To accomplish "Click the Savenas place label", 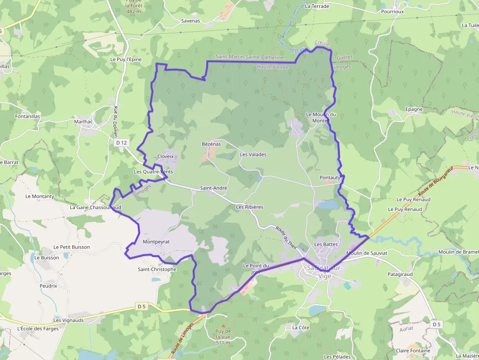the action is pyautogui.click(x=191, y=21).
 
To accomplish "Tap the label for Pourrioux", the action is pyautogui.click(x=392, y=10).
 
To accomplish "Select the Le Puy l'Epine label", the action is pyautogui.click(x=126, y=59).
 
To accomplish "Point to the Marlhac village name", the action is pyautogui.click(x=83, y=121).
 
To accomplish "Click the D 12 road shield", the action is pyautogui.click(x=122, y=143).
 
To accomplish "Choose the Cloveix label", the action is pyautogui.click(x=166, y=156).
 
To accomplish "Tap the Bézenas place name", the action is pyautogui.click(x=211, y=144).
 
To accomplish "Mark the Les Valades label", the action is pyautogui.click(x=253, y=154).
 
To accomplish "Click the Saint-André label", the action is pyautogui.click(x=214, y=188).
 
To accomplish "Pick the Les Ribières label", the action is pyautogui.click(x=249, y=207).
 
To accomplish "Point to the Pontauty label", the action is pyautogui.click(x=330, y=177).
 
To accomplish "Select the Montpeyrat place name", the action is pyautogui.click(x=156, y=242).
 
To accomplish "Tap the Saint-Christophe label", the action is pyautogui.click(x=157, y=269).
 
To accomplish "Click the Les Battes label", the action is pyautogui.click(x=326, y=244).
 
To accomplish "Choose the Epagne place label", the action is pyautogui.click(x=414, y=109).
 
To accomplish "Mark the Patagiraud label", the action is pyautogui.click(x=400, y=275).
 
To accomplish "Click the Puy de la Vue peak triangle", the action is pyautogui.click(x=223, y=325).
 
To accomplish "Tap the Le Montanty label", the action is pyautogui.click(x=40, y=196).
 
